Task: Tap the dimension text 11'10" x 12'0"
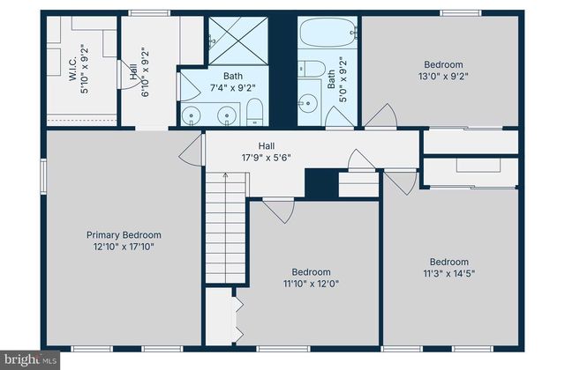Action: click(x=311, y=285)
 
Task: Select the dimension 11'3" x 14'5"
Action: click(x=449, y=274)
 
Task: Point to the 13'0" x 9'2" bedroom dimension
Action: click(x=443, y=76)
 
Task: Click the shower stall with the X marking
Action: click(x=237, y=40)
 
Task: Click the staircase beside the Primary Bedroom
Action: click(x=227, y=229)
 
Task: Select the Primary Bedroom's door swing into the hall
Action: click(x=191, y=152)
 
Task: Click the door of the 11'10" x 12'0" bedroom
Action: click(x=279, y=210)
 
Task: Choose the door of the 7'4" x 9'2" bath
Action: click(x=187, y=88)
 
